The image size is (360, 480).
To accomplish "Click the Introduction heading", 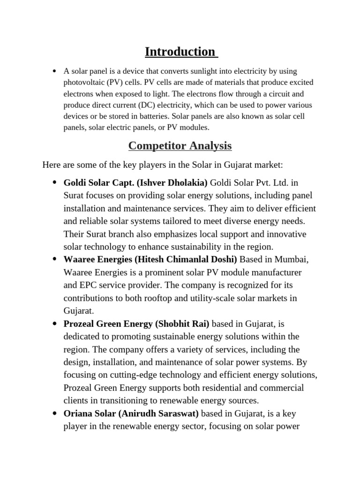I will click(x=180, y=52).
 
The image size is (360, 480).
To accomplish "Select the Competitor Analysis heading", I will click(x=180, y=146).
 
